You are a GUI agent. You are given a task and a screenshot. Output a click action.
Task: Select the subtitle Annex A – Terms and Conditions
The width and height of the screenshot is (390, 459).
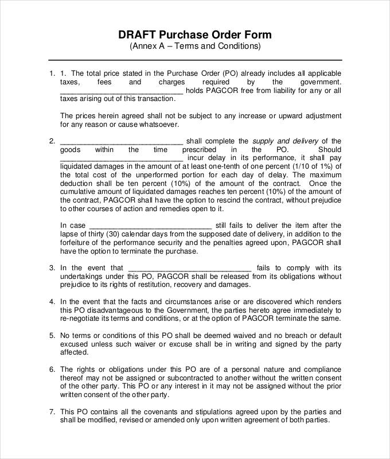(x=195, y=46)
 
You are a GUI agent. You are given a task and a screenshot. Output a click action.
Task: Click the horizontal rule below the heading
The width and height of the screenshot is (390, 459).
(x=195, y=60)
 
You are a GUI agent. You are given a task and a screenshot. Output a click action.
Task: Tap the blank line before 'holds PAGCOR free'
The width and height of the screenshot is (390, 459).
(x=122, y=91)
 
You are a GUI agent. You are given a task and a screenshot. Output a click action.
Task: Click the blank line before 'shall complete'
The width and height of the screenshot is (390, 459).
(x=122, y=142)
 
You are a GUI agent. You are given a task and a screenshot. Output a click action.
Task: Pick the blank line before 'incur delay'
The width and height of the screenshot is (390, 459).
(x=122, y=158)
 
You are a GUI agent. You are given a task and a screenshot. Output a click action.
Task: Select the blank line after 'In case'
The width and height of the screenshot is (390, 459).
(x=151, y=226)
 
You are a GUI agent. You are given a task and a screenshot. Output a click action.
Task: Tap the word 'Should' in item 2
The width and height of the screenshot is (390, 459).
(x=329, y=150)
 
